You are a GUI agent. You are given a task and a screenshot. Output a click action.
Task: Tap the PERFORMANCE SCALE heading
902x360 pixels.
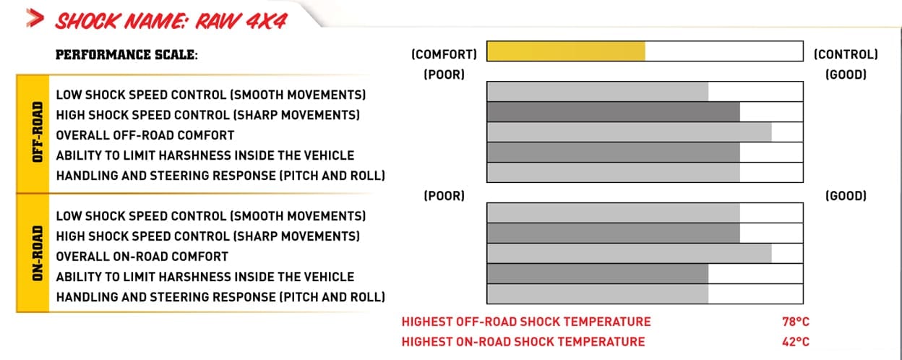(126, 54)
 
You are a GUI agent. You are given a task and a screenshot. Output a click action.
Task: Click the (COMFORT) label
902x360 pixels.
(444, 54)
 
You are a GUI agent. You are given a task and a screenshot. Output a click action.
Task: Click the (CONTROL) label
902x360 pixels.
(846, 54)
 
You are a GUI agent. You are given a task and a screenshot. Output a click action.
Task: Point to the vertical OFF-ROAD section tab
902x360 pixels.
(33, 134)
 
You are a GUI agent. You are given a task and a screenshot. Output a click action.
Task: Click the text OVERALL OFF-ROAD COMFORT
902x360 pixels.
(145, 135)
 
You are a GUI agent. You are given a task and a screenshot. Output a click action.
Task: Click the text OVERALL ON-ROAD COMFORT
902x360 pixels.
(142, 257)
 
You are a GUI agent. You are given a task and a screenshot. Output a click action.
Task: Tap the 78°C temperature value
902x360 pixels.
(790, 322)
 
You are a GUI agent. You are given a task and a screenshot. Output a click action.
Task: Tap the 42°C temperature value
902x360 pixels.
(790, 342)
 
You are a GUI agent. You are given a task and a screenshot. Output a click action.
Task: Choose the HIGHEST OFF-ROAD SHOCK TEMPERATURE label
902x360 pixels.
(526, 322)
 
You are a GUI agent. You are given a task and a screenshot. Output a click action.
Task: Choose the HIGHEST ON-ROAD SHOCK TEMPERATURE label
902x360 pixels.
(523, 342)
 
